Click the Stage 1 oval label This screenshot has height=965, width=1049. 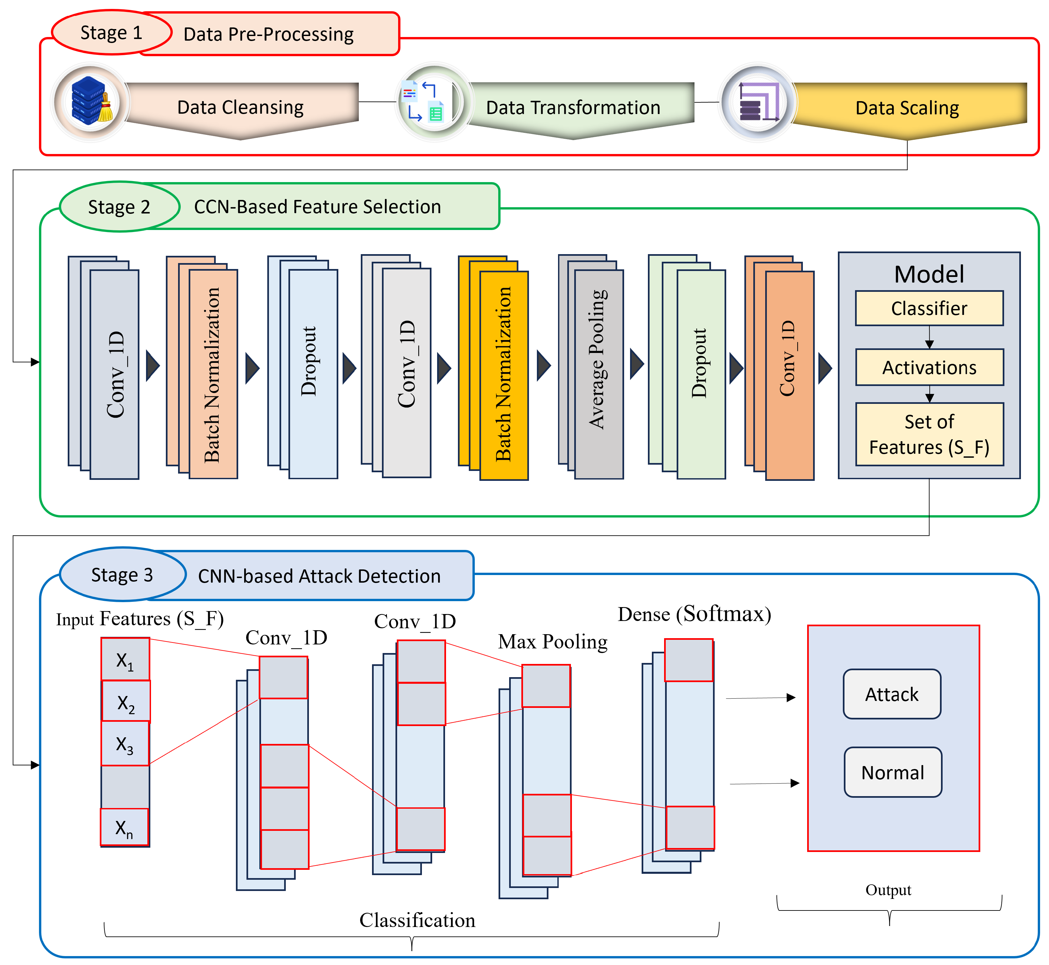(112, 32)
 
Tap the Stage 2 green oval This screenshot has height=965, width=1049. (120, 207)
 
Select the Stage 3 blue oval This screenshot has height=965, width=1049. (123, 574)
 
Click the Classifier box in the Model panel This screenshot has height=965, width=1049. (929, 308)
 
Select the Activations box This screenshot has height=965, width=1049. (929, 367)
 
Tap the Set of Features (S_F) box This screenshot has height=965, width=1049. (929, 434)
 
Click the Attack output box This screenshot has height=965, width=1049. (892, 694)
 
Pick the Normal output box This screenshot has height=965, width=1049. (893, 772)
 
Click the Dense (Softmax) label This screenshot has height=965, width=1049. (694, 614)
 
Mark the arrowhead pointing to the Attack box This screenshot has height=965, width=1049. (791, 698)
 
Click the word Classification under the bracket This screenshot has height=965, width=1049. (417, 920)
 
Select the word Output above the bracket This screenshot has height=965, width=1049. (888, 890)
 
